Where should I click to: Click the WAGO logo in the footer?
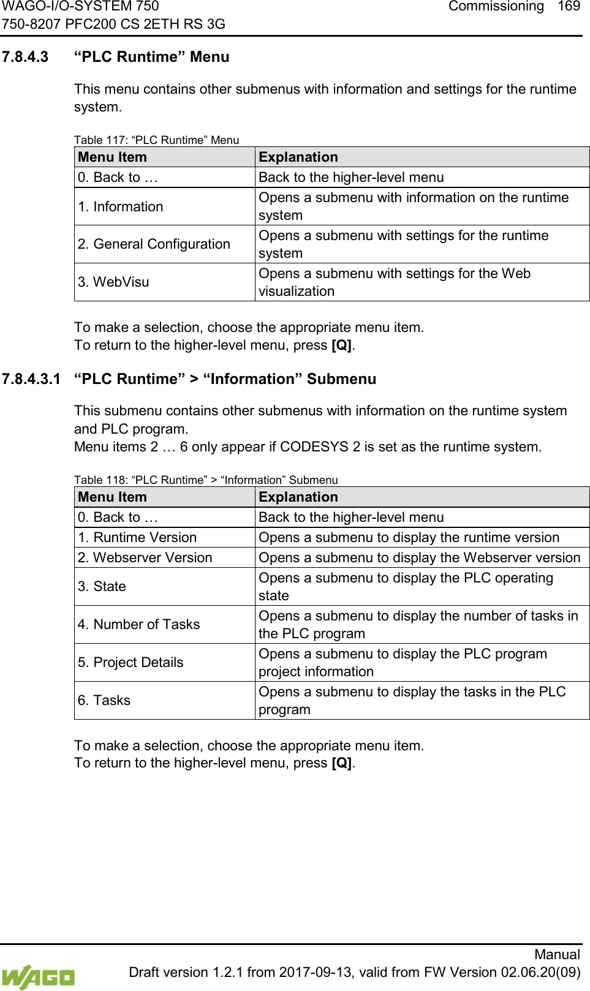[x=38, y=976]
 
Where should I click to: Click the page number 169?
[x=569, y=7]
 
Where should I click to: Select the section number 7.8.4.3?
[x=25, y=57]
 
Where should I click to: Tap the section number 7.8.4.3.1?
[x=31, y=379]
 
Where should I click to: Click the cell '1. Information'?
[x=121, y=207]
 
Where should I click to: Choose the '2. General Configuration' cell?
[x=154, y=244]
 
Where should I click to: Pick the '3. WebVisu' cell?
[x=113, y=282]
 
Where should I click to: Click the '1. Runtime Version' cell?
[x=137, y=538]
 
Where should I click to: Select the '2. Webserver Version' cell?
[x=145, y=558]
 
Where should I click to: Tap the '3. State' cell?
[x=102, y=587]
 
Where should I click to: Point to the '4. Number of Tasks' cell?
[x=139, y=625]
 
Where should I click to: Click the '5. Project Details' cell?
[x=130, y=663]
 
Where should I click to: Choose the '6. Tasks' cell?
[x=104, y=701]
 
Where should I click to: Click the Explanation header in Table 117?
[x=298, y=157]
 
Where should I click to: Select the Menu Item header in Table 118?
[x=113, y=497]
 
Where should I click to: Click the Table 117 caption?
[x=156, y=140]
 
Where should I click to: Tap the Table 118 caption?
[x=206, y=480]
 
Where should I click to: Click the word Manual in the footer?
[x=557, y=954]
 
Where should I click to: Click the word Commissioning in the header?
[x=496, y=7]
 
